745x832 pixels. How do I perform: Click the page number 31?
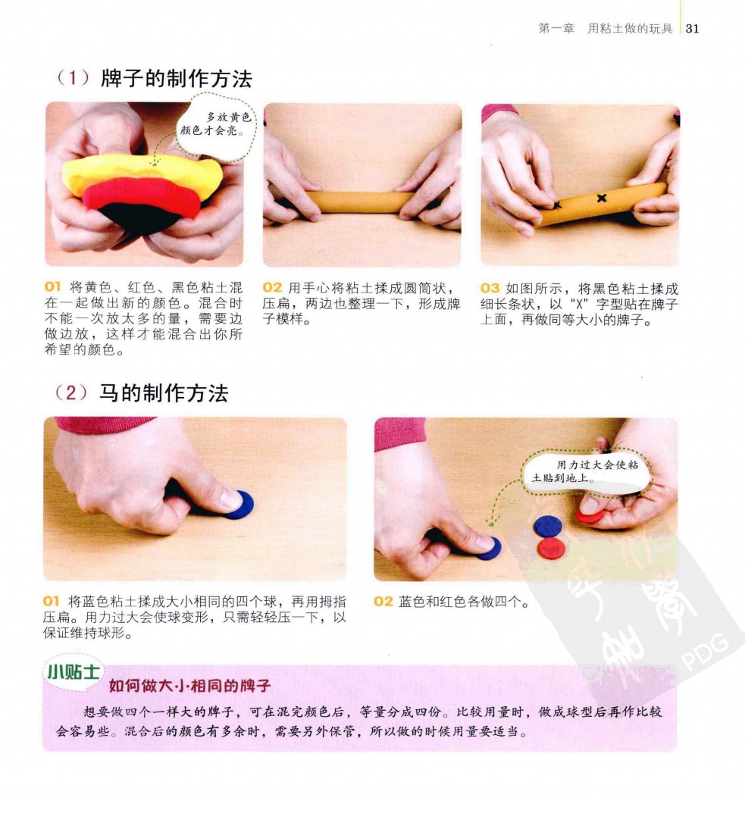[693, 28]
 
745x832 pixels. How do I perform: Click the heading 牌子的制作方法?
[176, 79]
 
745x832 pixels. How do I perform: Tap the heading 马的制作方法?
[164, 393]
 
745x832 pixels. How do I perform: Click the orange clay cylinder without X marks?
[361, 202]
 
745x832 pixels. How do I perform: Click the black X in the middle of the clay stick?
[601, 198]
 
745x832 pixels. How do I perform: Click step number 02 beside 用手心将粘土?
[272, 288]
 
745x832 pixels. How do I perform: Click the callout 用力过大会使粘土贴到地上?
[587, 471]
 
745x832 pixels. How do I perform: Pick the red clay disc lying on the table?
[550, 548]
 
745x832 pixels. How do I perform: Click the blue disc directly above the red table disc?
[549, 527]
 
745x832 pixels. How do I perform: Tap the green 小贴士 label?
[74, 673]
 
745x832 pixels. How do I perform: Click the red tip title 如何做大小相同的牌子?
[190, 686]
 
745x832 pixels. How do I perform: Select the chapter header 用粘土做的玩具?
[630, 29]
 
